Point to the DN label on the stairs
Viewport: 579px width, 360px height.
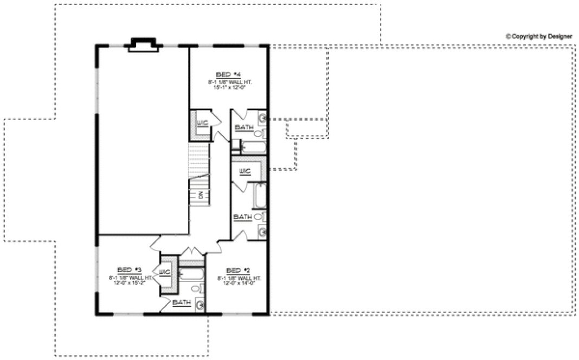[200, 196]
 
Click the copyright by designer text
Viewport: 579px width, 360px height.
[538, 36]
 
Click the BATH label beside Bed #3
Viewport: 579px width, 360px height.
[181, 303]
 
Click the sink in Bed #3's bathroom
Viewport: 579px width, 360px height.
[200, 305]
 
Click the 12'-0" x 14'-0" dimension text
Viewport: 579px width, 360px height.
[239, 283]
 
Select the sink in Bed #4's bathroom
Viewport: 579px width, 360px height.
[262, 117]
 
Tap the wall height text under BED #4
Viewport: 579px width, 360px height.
[230, 81]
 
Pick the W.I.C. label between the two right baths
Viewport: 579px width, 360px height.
[245, 171]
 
